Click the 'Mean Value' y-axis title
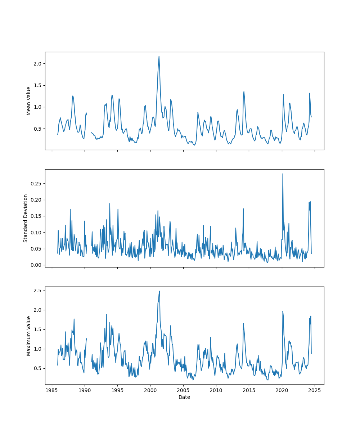28,101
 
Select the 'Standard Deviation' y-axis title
26,218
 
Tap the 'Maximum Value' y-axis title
28,336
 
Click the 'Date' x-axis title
184,397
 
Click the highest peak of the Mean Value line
159,56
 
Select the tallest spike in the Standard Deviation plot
283,174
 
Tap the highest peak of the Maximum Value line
159,291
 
